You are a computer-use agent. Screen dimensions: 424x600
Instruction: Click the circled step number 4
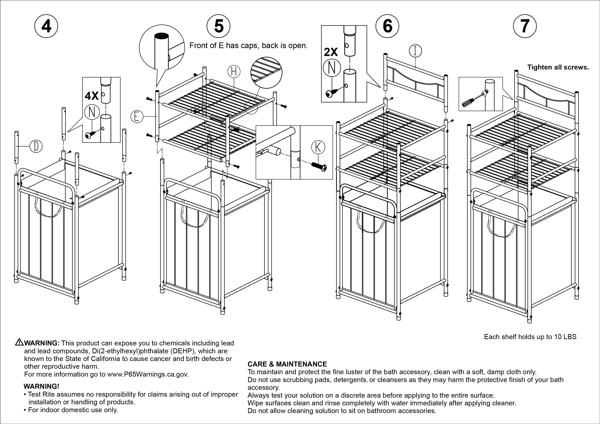[46, 26]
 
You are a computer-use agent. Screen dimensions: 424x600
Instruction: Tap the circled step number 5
[218, 26]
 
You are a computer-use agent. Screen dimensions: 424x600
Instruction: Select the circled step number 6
[387, 26]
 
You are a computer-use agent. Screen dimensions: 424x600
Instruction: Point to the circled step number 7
[525, 26]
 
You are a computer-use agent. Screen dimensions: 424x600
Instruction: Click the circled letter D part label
[36, 146]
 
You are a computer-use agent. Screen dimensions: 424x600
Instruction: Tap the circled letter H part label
[234, 71]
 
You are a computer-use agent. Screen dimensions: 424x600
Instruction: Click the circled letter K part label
[318, 147]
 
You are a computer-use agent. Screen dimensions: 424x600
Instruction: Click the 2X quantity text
[331, 52]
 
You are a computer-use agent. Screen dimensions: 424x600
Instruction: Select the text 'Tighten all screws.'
[558, 67]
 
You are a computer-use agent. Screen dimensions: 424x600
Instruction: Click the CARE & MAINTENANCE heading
[287, 364]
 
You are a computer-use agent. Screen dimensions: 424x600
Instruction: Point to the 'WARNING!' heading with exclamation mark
[41, 386]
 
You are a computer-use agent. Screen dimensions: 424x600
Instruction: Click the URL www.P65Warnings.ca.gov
[148, 374]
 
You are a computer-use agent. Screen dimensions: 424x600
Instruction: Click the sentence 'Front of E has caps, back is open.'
[248, 46]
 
